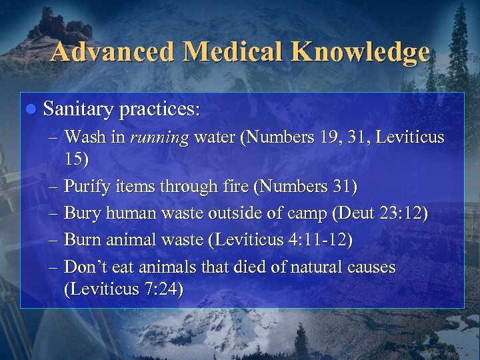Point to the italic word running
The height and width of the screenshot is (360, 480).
pyautogui.click(x=160, y=138)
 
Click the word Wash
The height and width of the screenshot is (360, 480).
pyautogui.click(x=81, y=138)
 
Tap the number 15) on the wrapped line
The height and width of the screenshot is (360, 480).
pyautogui.click(x=76, y=161)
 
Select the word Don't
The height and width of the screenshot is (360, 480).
pyautogui.click(x=85, y=268)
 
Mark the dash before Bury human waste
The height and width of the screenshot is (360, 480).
pyautogui.click(x=55, y=214)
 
